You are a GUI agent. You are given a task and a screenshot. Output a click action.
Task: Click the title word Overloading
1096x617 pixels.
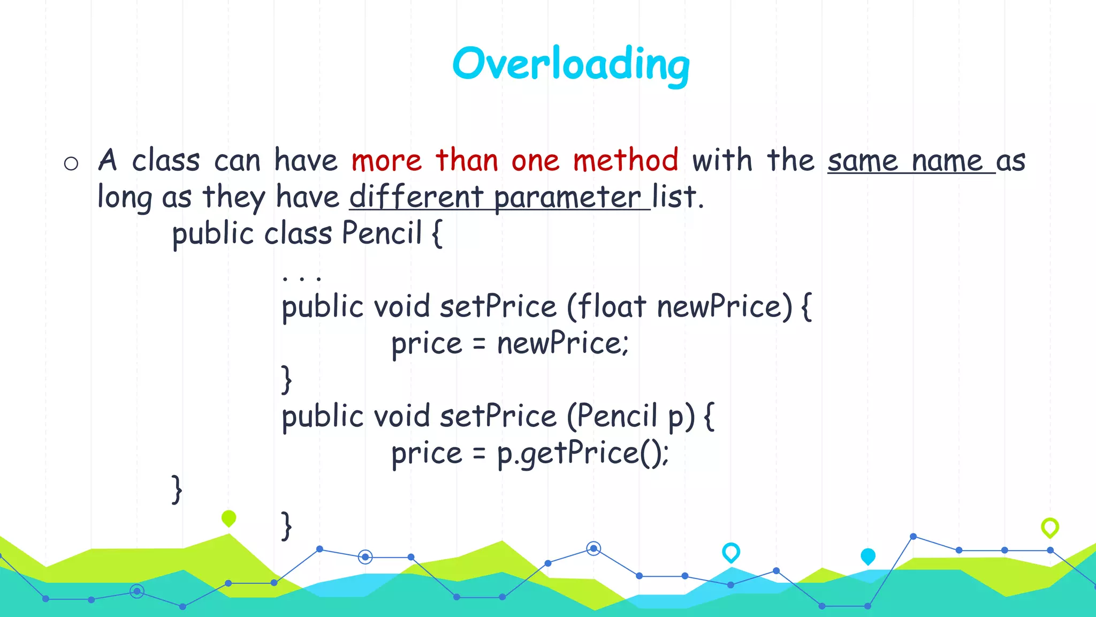coord(570,64)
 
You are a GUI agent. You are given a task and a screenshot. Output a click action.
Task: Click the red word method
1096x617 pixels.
coord(625,160)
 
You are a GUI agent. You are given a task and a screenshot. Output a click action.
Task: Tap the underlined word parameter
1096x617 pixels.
coord(567,197)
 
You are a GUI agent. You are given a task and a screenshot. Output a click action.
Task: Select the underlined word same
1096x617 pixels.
coord(862,161)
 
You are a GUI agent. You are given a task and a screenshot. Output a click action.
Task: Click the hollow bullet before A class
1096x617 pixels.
coord(71,163)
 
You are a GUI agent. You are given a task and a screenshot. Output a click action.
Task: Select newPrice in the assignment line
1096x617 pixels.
coord(562,343)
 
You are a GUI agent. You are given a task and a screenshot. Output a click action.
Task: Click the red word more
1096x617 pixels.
coord(386,161)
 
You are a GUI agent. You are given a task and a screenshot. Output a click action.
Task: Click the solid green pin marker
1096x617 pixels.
coord(229,518)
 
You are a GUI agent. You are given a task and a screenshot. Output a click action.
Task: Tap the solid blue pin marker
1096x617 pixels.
coord(868,556)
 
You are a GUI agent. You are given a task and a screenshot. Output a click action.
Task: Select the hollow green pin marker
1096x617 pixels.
coord(1050,527)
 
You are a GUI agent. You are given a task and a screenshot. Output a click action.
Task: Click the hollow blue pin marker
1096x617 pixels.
coord(731,552)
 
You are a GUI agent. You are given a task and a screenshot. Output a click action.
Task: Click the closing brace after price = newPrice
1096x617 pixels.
coord(287,380)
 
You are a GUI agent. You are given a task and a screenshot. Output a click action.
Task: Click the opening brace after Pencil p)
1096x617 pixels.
coord(709,417)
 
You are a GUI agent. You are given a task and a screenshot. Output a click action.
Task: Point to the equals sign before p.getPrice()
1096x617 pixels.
coord(479,454)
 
